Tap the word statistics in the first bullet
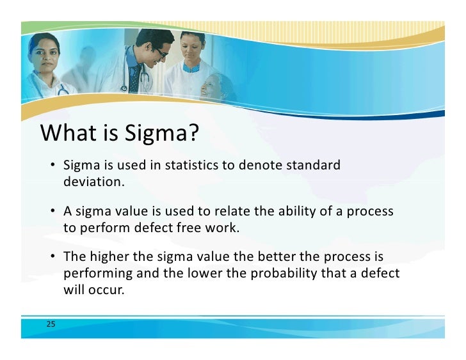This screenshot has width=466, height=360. pyautogui.click(x=191, y=166)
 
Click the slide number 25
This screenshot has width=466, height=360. pyautogui.click(x=51, y=324)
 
